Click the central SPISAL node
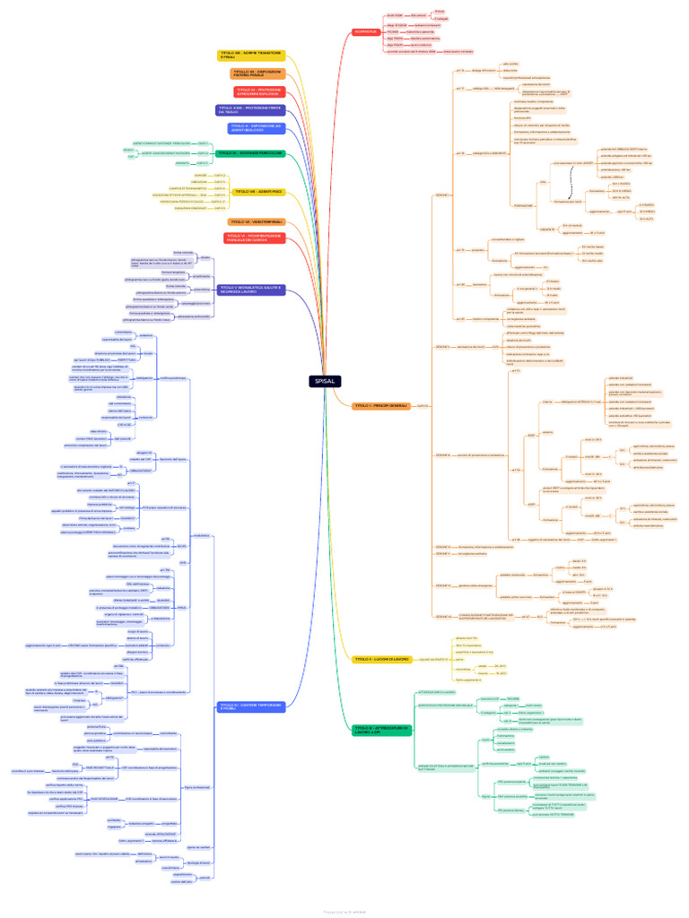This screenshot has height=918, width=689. [x=325, y=381]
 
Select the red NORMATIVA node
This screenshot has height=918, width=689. [x=365, y=32]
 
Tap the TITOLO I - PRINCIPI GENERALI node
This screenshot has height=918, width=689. [x=381, y=406]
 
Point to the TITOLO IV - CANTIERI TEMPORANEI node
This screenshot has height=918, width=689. [x=249, y=707]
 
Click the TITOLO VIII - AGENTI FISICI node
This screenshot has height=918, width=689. [x=258, y=191]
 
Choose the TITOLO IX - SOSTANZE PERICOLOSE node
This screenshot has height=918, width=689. [x=250, y=153]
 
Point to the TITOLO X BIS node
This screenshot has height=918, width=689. [x=249, y=109]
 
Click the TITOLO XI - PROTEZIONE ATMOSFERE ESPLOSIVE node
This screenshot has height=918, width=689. [x=258, y=91]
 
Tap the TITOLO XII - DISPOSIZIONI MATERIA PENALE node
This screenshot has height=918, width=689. [x=256, y=74]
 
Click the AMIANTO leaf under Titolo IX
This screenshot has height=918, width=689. [x=182, y=163]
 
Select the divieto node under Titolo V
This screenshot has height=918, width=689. [x=205, y=258]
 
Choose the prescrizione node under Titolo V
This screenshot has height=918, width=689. [x=202, y=289]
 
